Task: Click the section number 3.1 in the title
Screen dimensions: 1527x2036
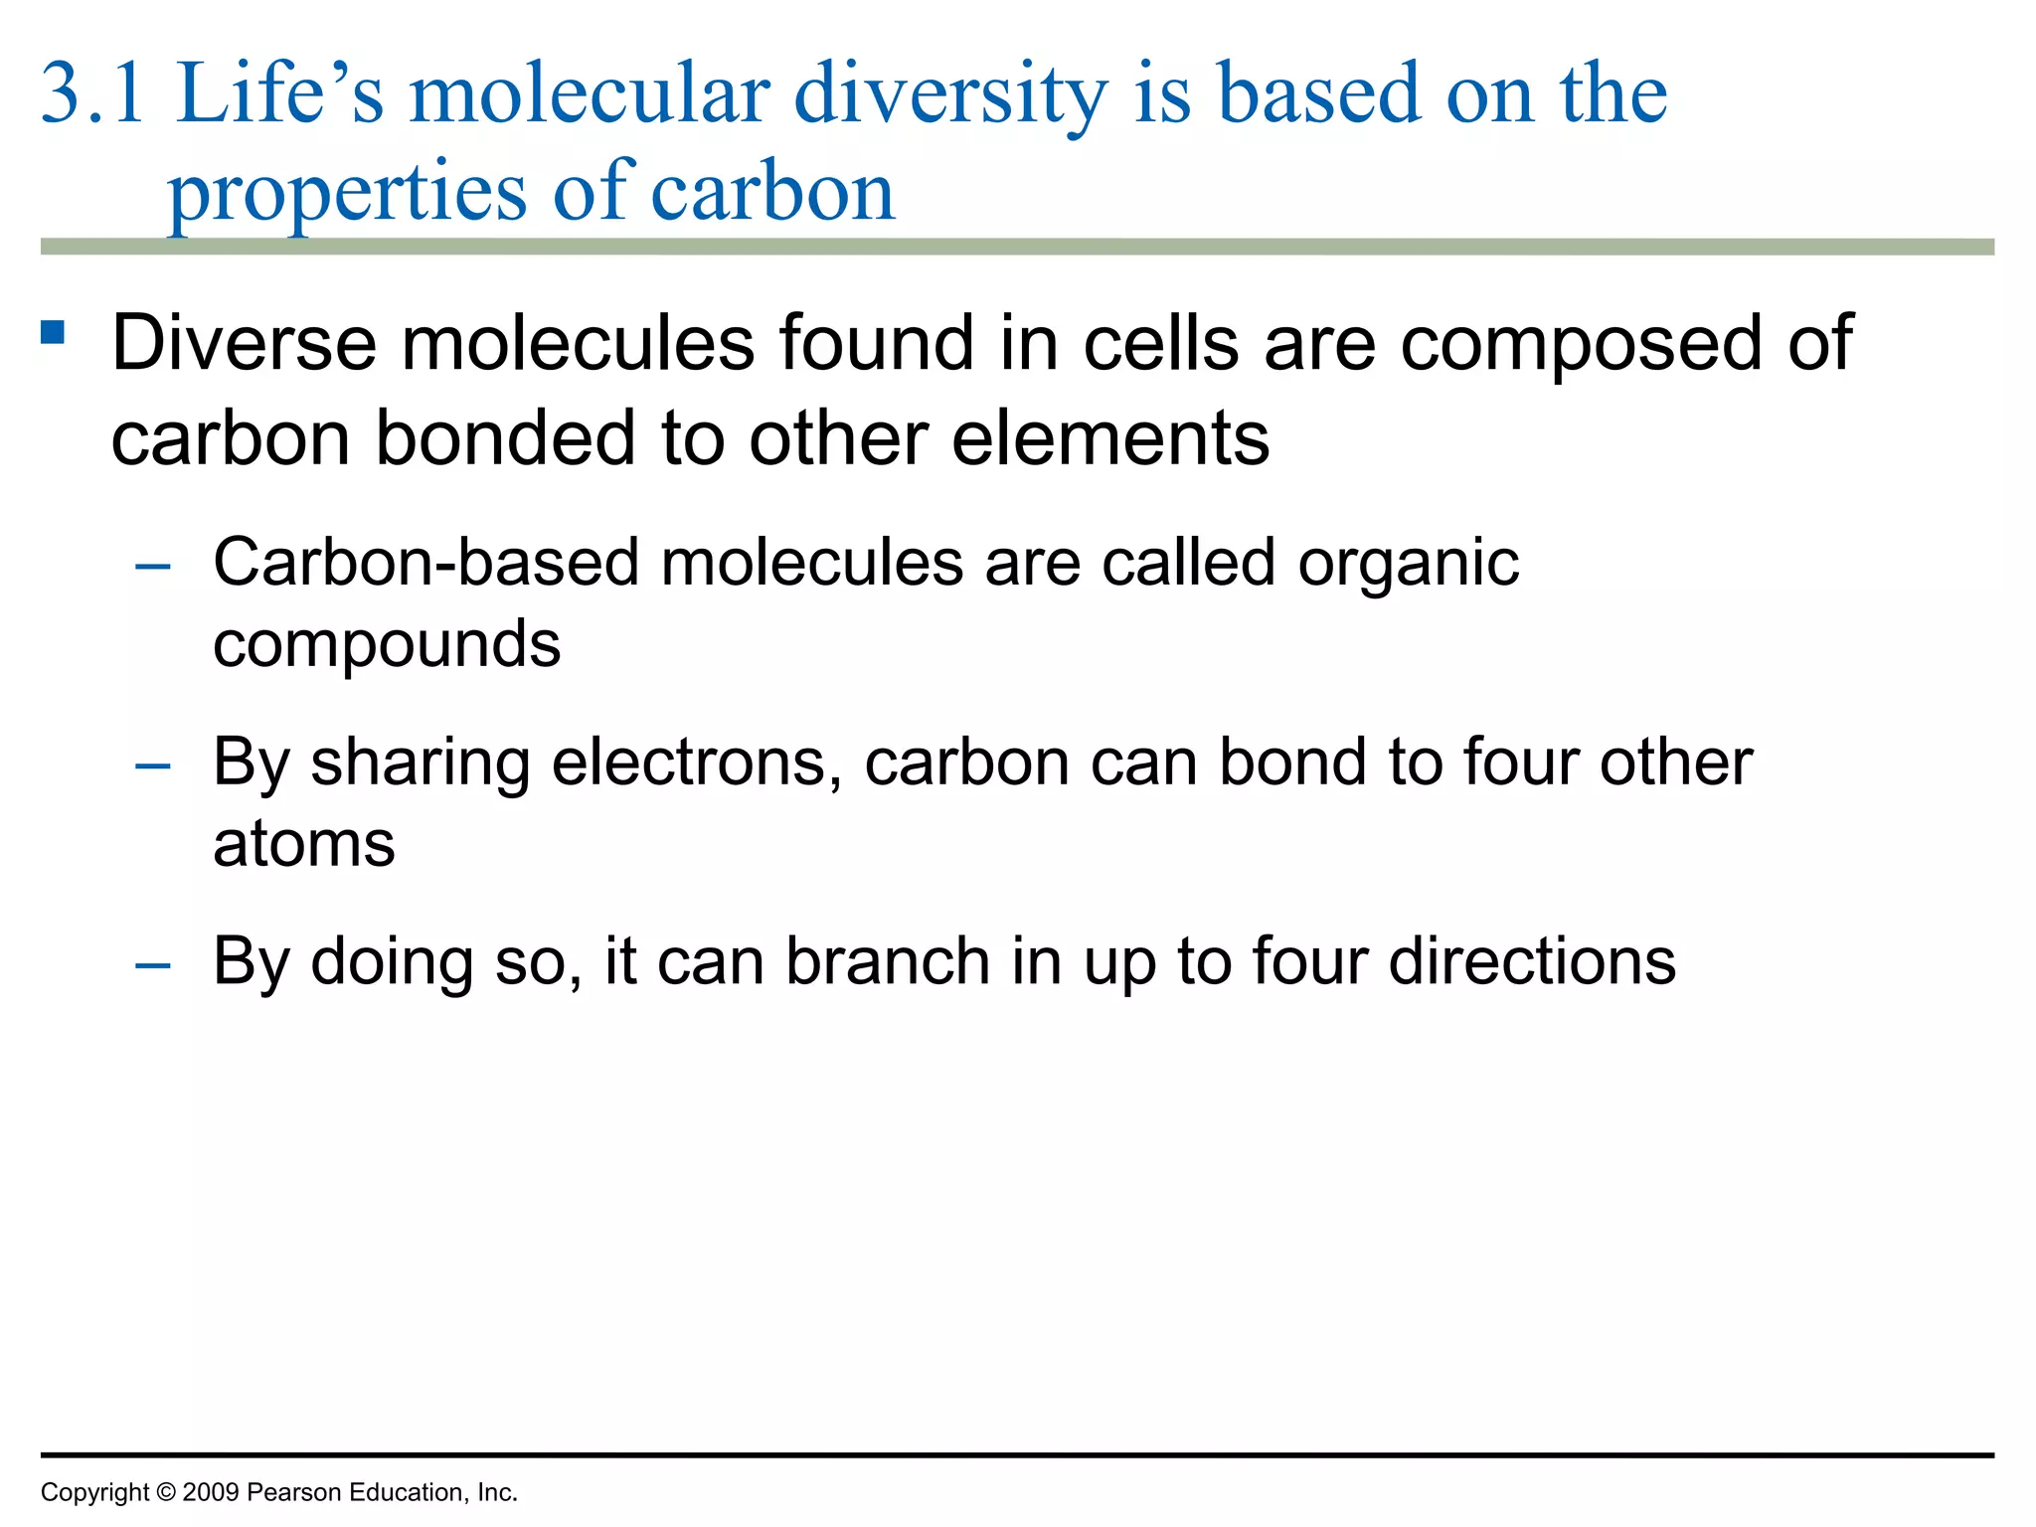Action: click(x=92, y=93)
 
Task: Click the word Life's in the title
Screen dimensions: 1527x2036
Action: click(x=279, y=93)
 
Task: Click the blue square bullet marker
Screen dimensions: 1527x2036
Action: click(x=53, y=332)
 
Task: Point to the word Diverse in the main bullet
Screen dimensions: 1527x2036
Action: click(x=244, y=343)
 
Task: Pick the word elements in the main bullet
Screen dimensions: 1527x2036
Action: click(x=1109, y=438)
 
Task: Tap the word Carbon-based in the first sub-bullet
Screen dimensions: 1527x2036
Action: click(x=426, y=563)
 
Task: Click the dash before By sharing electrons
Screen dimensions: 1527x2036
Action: click(x=153, y=765)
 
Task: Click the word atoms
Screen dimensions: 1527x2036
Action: click(x=304, y=845)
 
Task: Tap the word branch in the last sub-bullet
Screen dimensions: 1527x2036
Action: click(x=887, y=961)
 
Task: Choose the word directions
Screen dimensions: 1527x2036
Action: click(x=1531, y=961)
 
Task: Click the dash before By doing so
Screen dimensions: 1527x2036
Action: click(x=153, y=965)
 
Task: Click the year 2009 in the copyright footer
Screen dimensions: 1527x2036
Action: click(x=211, y=1492)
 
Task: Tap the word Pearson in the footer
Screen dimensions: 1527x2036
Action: click(x=291, y=1492)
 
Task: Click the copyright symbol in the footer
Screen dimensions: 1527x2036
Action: click(x=165, y=1492)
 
